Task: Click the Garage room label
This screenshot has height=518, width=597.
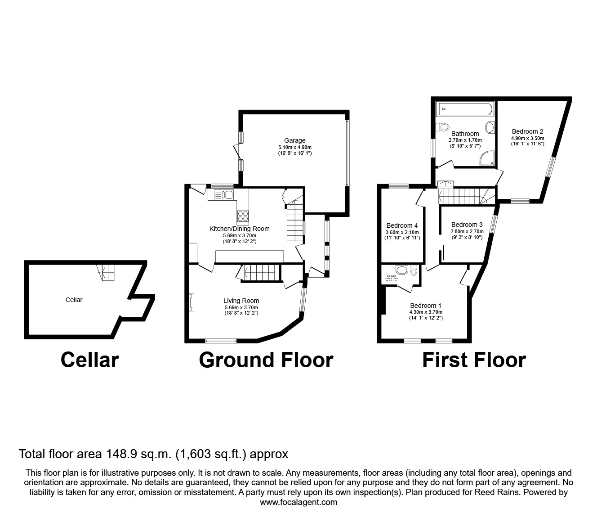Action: point(294,140)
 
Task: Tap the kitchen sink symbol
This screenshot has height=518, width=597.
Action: point(223,195)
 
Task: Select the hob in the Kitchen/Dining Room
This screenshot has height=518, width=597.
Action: point(243,216)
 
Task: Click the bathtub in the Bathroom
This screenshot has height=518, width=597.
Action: point(465,108)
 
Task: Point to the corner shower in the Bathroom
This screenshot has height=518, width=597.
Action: point(488,158)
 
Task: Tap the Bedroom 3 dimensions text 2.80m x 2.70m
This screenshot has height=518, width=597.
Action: point(467,231)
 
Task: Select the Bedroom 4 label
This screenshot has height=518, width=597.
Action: point(402,225)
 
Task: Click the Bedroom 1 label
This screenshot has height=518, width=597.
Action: point(425,306)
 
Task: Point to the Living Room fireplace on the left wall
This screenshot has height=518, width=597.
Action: point(192,302)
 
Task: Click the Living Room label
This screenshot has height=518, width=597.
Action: point(241,301)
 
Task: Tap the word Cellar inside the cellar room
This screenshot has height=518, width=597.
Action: point(74,300)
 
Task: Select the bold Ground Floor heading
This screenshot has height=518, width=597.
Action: point(266,360)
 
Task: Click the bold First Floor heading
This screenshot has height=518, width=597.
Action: point(473,360)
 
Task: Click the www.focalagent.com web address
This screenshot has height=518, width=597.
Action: point(298,502)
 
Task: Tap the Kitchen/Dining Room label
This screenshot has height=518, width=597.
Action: point(239,229)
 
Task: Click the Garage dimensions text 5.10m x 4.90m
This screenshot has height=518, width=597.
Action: point(294,147)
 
